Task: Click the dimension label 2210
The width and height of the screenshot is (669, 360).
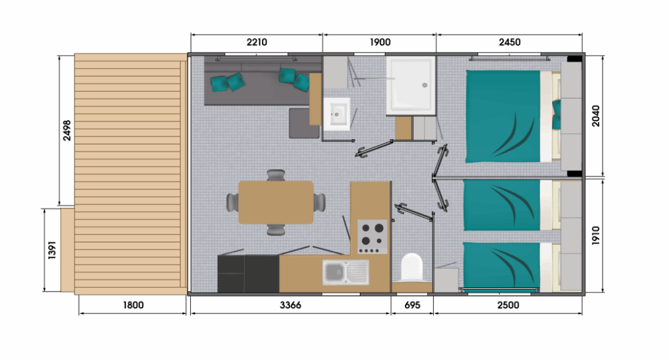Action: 257,42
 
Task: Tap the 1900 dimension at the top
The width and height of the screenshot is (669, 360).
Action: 380,42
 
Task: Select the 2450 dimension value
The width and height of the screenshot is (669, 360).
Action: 510,42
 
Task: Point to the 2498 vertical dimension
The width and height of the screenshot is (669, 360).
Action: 67,131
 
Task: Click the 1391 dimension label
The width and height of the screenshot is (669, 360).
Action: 52,250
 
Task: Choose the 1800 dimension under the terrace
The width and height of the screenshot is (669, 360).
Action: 133,305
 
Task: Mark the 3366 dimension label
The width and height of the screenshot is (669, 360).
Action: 290,305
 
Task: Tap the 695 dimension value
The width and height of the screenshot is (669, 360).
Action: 412,305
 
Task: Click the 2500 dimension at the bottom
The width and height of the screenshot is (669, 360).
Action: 508,305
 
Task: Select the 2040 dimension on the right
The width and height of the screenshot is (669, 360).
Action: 596,116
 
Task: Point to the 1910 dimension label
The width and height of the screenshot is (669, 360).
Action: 596,235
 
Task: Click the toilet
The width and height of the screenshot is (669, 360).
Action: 412,268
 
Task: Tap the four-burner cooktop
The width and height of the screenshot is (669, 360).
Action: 372,237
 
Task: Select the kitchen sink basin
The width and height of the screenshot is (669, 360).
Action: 334,272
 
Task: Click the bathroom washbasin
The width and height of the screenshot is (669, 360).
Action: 336,114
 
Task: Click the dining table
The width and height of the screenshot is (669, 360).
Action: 276,202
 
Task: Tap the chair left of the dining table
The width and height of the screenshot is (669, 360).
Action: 233,202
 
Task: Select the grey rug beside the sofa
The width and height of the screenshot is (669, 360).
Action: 304,123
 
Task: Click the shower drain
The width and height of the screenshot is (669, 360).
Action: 425,86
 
